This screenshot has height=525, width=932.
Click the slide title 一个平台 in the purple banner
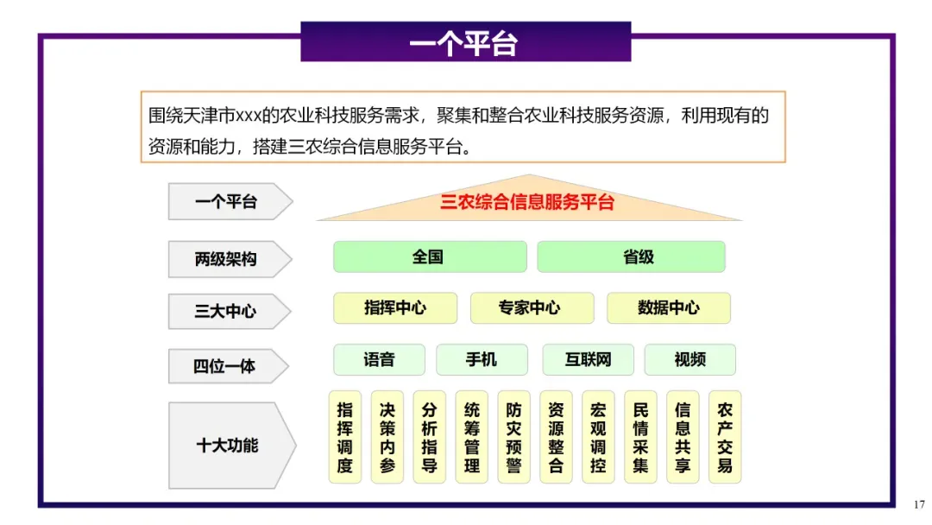point(465,42)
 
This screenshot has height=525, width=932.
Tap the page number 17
point(918,504)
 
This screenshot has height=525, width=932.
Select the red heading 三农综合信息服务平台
point(527,203)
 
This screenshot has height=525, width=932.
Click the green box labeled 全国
point(429,256)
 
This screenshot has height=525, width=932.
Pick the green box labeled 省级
point(631,256)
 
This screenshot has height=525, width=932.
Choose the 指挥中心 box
point(395,307)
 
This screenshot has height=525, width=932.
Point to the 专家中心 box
point(532,307)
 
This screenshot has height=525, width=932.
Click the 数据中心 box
point(669,307)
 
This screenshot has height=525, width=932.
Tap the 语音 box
point(380,359)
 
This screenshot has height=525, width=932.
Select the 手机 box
point(482,359)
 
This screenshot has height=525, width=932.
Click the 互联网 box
point(588,359)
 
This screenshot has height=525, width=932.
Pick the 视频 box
point(690,359)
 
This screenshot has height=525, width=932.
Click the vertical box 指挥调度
point(345,437)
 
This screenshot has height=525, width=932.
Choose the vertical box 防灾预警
point(514,437)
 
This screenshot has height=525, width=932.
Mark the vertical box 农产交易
point(725,437)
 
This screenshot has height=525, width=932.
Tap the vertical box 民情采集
point(640,437)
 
